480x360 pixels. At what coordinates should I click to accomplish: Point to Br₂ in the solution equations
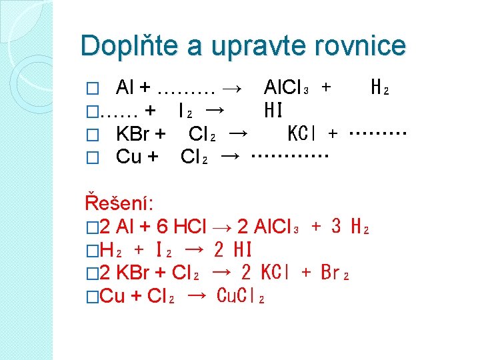335,273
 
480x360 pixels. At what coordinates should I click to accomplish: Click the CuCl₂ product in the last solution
241,297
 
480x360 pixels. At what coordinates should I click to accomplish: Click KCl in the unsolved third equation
303,134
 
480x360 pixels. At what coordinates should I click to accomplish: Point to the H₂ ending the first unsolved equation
381,87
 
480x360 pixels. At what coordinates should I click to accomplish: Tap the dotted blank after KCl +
377,134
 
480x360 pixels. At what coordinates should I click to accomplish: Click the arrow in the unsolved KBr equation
238,133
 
